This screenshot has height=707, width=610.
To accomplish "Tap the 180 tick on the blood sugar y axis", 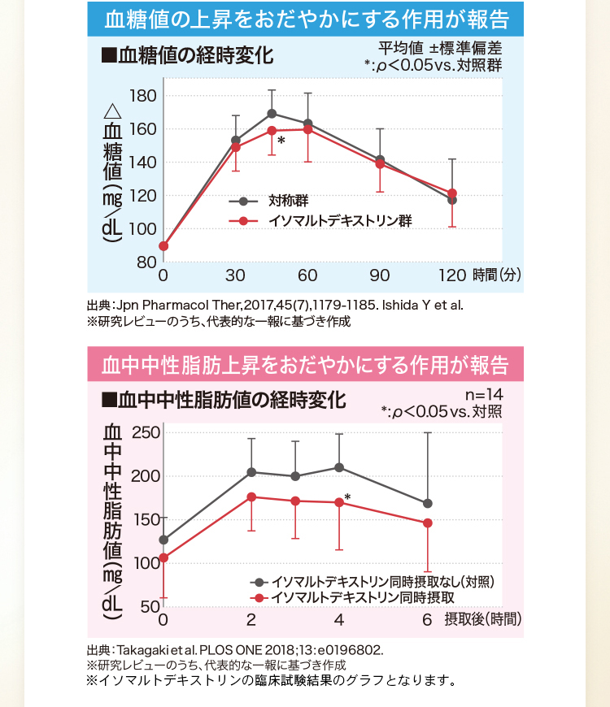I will tap(143, 96).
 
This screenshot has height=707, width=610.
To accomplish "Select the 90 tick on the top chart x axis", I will tap(379, 275).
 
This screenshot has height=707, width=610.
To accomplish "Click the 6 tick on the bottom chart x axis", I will tap(427, 620).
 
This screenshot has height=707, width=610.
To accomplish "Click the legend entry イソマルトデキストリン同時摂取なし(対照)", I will tap(382, 582).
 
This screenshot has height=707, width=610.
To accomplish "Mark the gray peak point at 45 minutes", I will tap(272, 113).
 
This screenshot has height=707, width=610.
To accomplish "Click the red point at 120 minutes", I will tap(452, 193).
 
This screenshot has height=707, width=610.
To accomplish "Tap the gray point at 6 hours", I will tap(428, 503).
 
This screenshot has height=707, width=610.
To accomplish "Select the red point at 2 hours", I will tap(251, 497).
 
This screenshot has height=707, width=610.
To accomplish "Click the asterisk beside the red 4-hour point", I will tap(347, 497).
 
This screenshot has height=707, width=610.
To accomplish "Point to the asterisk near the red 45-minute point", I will tap(281, 141).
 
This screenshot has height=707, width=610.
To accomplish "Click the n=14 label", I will tap(482, 396).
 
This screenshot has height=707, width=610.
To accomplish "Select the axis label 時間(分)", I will tap(496, 275).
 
